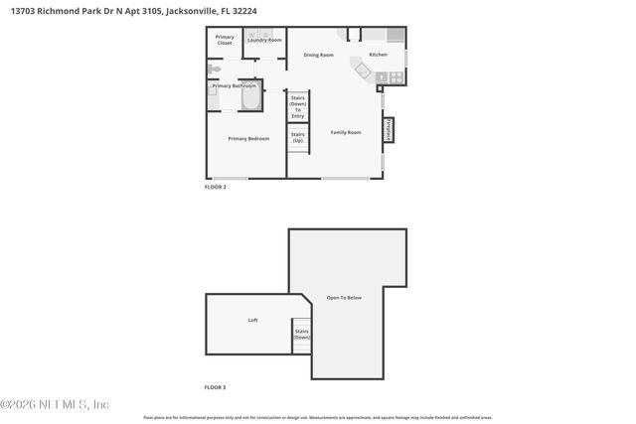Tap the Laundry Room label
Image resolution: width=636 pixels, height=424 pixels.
point(264,40)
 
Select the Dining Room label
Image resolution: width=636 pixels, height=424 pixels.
point(318,55)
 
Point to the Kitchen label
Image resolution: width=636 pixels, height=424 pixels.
point(378,54)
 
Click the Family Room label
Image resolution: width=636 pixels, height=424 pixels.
point(346,132)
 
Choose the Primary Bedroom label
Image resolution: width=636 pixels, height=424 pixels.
point(248,139)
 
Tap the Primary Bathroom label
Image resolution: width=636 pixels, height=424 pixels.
point(235,86)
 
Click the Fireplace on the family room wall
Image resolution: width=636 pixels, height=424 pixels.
point(388,130)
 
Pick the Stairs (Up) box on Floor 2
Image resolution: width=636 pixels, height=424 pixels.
point(298,138)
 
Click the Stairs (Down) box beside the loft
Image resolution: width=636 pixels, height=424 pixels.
point(301,335)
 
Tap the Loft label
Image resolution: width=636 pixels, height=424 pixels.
point(252,321)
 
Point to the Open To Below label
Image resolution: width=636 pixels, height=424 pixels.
point(345,298)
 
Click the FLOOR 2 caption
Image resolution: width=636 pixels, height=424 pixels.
point(216,187)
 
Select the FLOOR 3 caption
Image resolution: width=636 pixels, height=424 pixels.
point(216,387)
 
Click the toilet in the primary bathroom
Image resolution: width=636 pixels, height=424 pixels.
point(214,71)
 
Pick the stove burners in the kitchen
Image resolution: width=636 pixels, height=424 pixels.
point(396,76)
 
